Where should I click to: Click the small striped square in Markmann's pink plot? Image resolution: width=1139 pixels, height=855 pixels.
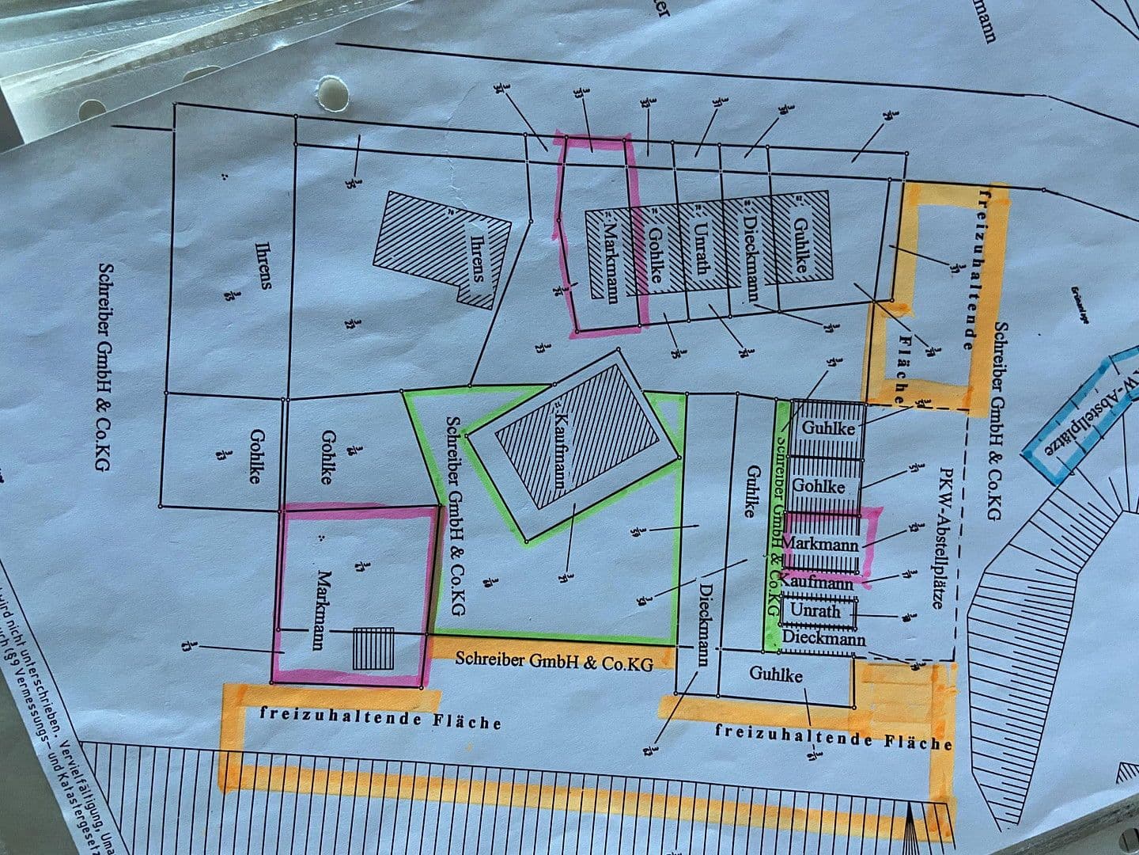373,648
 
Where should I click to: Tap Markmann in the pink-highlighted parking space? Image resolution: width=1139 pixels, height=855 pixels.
819,545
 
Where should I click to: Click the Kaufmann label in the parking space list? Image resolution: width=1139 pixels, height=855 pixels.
817,583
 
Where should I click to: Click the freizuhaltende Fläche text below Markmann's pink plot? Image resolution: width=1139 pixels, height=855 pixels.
380,717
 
